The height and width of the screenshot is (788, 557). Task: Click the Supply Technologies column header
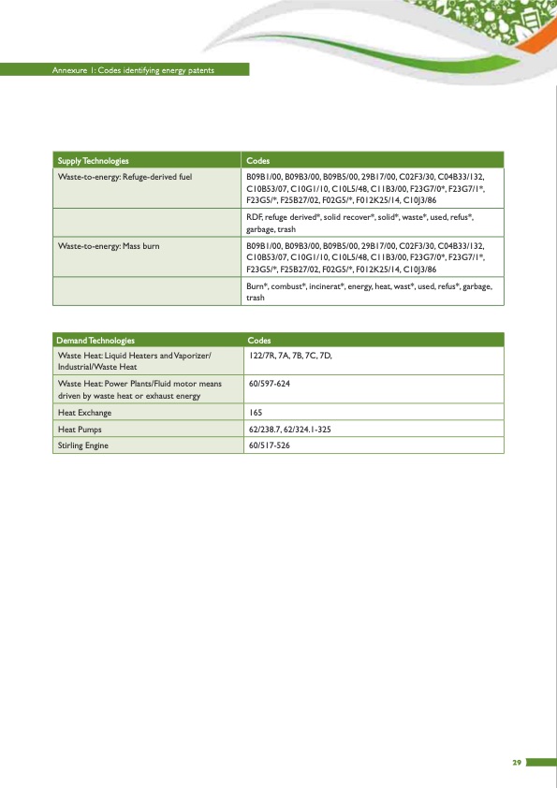pyautogui.click(x=94, y=160)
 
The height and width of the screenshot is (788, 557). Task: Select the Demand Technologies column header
pyautogui.click(x=96, y=340)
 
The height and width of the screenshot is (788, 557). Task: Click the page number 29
pyautogui.click(x=516, y=763)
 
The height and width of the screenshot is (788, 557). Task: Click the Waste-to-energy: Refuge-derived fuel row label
pyautogui.click(x=125, y=176)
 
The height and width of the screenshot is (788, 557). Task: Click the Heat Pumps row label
pyautogui.click(x=81, y=429)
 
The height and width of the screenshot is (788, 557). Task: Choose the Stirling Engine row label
pyautogui.click(x=83, y=445)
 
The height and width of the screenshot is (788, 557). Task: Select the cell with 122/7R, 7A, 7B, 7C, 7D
pyautogui.click(x=291, y=356)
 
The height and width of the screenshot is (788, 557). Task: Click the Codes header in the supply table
pyautogui.click(x=257, y=160)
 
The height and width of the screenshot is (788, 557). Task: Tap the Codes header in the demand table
pyautogui.click(x=259, y=340)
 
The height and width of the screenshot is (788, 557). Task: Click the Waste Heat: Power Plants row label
pyautogui.click(x=139, y=389)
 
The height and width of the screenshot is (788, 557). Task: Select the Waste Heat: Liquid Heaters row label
pyautogui.click(x=135, y=361)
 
